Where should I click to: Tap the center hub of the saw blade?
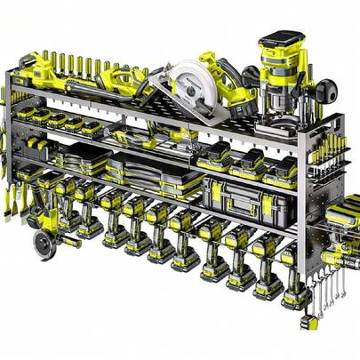pyautogui.click(x=192, y=87)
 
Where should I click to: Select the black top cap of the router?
pyautogui.click(x=279, y=40)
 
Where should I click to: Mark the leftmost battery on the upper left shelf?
pyautogui.click(x=27, y=111)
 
